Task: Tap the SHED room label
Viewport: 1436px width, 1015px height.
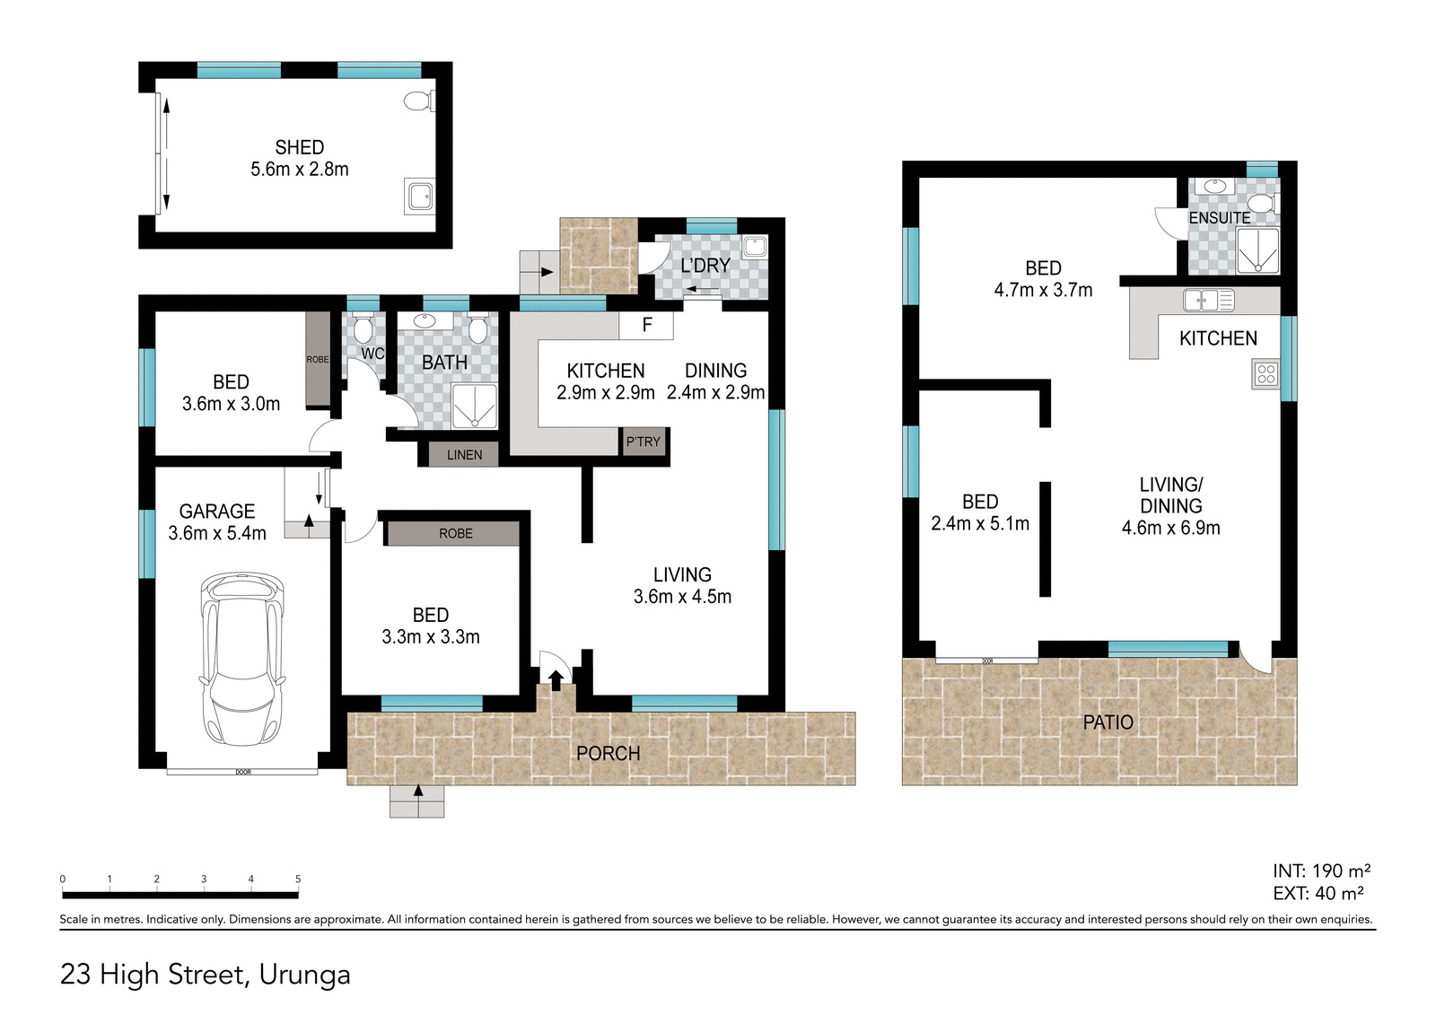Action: tap(299, 147)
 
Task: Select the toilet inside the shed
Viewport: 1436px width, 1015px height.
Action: tap(419, 101)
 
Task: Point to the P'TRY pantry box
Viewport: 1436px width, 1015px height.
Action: tap(644, 442)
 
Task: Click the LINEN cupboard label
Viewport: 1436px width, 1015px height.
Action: tap(464, 455)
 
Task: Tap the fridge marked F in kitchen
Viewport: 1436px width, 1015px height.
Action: tap(646, 325)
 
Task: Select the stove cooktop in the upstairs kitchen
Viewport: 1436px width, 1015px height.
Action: tap(1265, 373)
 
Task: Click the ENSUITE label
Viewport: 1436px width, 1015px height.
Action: tap(1219, 218)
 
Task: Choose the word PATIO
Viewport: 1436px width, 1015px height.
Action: tap(1108, 722)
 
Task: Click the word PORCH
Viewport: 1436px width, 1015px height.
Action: tap(608, 754)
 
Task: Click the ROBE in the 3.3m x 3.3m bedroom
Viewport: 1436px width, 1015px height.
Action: tap(455, 533)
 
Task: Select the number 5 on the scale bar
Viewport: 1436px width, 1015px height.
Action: tap(298, 879)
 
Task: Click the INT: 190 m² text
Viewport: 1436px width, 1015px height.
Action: tap(1320, 871)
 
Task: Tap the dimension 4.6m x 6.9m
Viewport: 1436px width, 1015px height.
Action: tap(1170, 528)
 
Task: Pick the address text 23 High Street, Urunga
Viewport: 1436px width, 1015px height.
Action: tap(205, 975)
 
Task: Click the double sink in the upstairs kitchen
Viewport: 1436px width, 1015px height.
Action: tap(1208, 300)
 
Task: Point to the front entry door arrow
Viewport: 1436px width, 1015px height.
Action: tap(556, 679)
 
